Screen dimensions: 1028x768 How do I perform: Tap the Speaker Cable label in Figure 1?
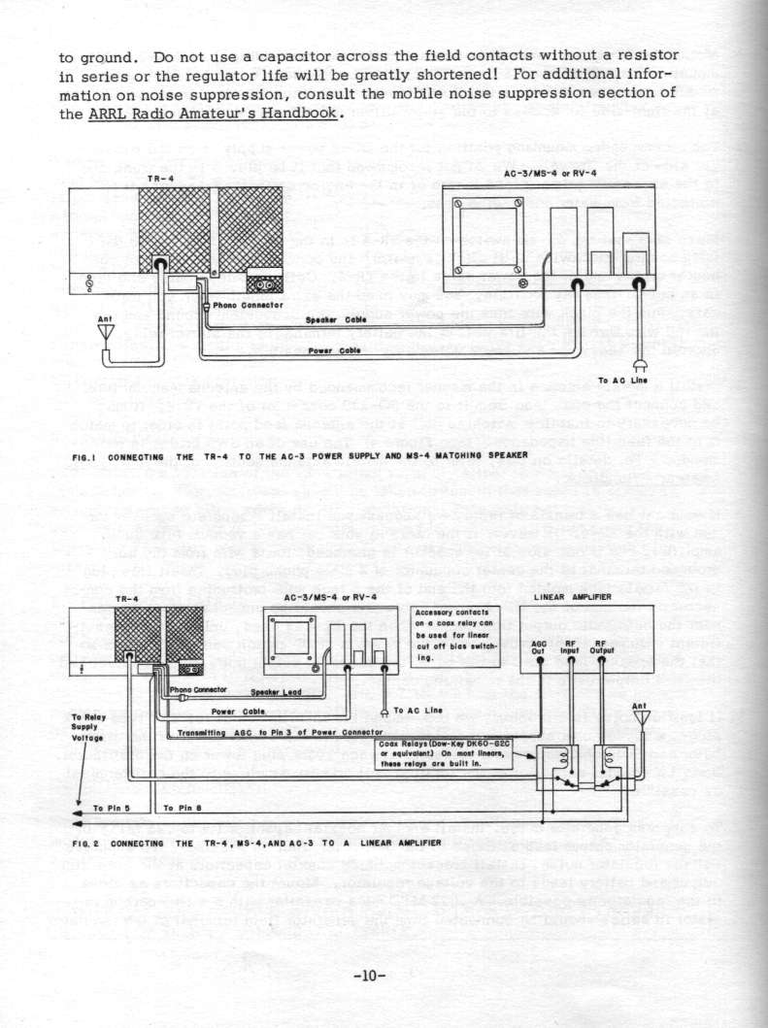pyautogui.click(x=335, y=318)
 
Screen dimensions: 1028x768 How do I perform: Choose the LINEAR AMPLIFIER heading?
pyautogui.click(x=584, y=596)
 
